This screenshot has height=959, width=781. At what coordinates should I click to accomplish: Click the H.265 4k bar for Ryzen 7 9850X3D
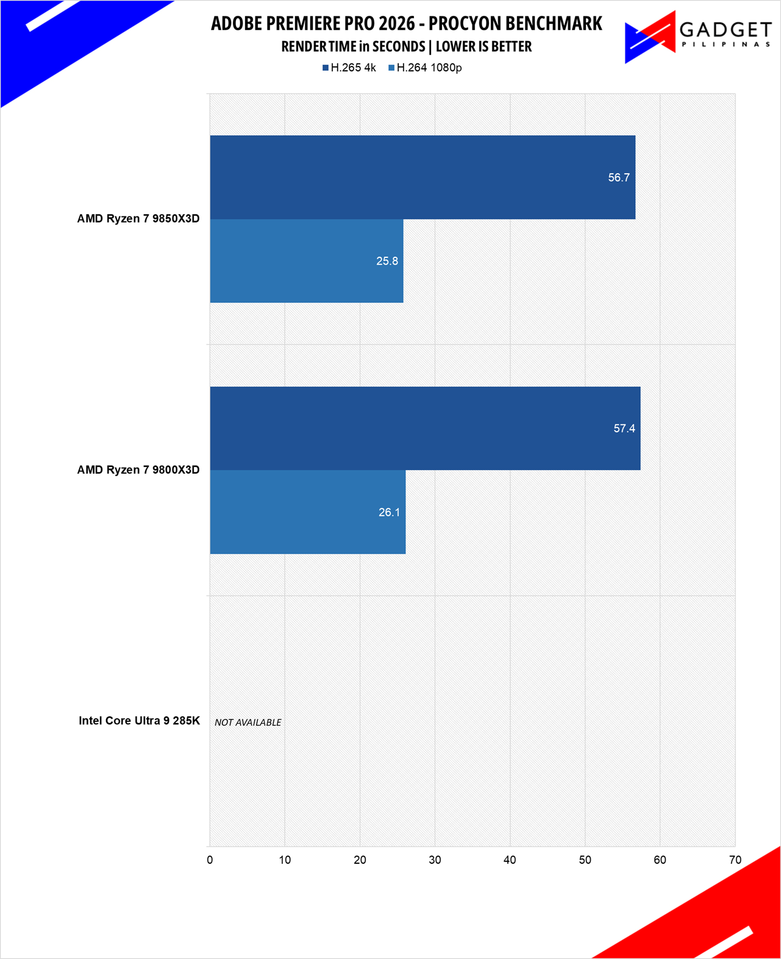tap(423, 177)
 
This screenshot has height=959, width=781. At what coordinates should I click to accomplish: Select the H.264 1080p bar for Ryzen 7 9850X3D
tap(306, 261)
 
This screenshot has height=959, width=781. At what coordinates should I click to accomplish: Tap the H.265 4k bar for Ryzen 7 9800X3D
tap(425, 428)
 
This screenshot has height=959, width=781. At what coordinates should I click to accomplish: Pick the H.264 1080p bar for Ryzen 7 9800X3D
tap(307, 512)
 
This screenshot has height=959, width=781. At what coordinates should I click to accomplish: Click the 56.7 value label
tap(618, 177)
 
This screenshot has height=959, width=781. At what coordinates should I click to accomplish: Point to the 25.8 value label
tap(387, 261)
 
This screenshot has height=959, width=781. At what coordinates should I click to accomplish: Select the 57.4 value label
tap(624, 429)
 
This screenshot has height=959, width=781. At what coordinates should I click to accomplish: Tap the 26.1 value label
tap(389, 512)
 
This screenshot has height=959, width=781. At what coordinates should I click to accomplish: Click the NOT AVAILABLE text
tap(248, 722)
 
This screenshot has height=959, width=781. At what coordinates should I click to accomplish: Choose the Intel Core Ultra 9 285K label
tap(139, 721)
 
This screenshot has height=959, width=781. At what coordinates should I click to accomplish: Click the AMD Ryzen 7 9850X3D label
tap(138, 218)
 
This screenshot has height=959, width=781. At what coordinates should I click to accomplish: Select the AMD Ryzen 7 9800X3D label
tap(138, 469)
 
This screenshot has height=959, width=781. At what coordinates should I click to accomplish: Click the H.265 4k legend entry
tap(349, 68)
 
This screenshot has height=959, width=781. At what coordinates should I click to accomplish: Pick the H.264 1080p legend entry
tap(425, 68)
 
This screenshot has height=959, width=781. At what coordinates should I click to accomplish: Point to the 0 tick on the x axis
tap(210, 860)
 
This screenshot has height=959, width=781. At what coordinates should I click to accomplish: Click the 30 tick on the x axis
tap(435, 860)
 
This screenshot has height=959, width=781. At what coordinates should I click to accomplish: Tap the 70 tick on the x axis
tap(735, 860)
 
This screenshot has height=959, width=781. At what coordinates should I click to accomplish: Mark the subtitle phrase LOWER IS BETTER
tap(483, 46)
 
